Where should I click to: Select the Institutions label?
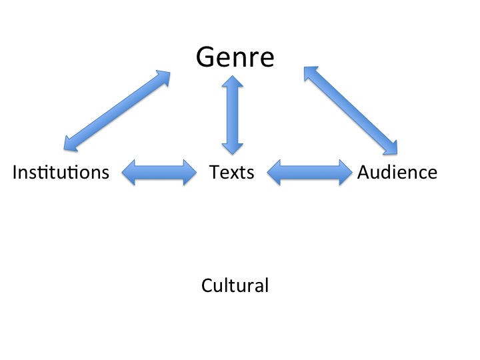tap(61, 172)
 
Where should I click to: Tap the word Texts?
tap(231, 172)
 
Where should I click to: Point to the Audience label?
tap(397, 172)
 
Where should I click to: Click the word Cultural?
tap(235, 286)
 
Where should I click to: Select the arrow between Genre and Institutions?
tap(117, 110)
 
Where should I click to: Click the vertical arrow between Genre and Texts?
tap(233, 115)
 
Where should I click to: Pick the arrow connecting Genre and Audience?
tap(351, 109)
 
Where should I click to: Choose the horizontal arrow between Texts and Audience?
tap(309, 173)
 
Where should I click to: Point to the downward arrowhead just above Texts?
tap(233, 149)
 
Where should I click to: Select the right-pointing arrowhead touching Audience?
tap(344, 173)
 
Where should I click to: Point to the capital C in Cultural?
tap(207, 286)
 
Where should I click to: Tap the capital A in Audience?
tap(364, 172)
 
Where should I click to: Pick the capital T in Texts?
tap(213, 172)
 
